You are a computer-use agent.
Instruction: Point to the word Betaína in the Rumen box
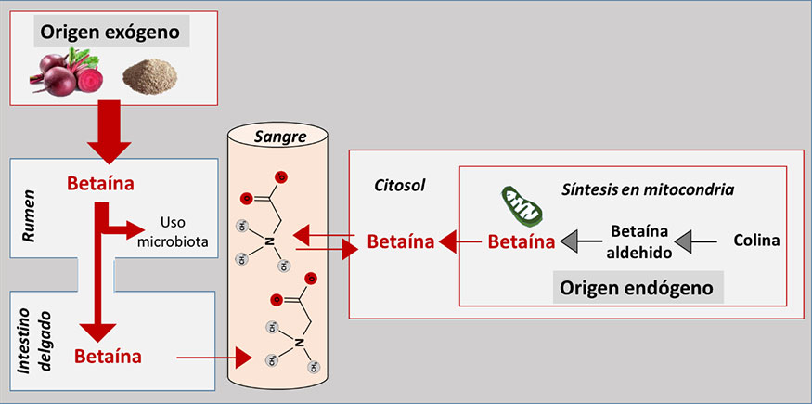[101, 183]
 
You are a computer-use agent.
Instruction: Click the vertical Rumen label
[27, 219]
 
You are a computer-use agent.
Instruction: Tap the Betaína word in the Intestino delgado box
[108, 355]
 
